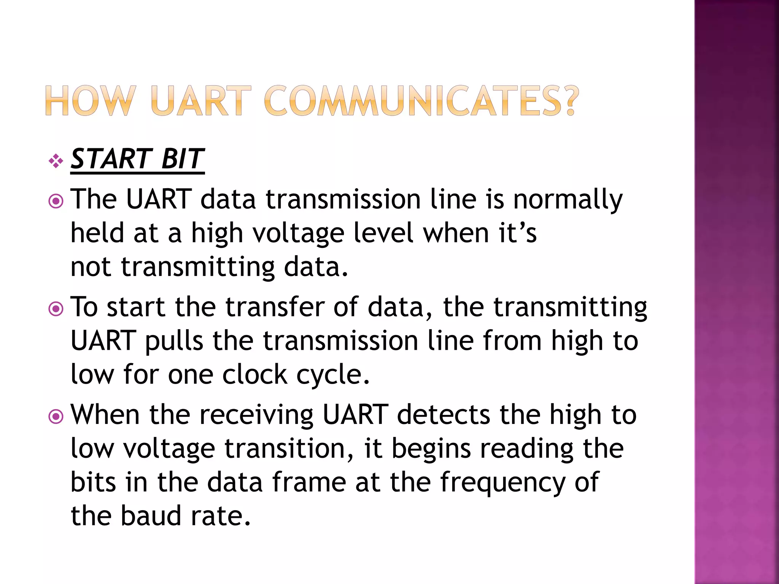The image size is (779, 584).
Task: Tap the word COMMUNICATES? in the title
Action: (x=421, y=101)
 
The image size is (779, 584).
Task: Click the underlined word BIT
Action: (x=183, y=159)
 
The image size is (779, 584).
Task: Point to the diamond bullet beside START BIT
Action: (x=56, y=161)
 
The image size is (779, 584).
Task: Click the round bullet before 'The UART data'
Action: (x=56, y=201)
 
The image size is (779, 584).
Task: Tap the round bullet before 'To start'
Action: (x=56, y=309)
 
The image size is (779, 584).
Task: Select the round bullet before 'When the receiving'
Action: (x=56, y=417)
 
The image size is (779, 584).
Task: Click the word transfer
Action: (x=275, y=306)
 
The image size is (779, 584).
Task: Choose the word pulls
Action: (x=174, y=341)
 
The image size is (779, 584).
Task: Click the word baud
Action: (x=151, y=516)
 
